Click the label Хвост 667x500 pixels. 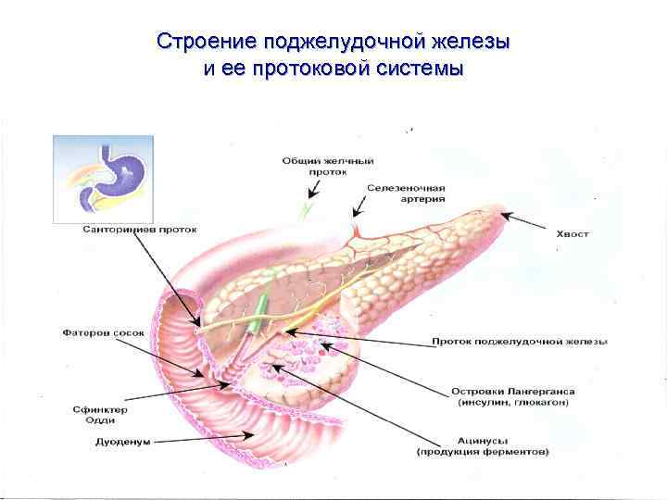[x=571, y=234]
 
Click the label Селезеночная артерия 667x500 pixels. [x=405, y=193]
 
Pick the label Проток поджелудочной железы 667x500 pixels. [x=520, y=342]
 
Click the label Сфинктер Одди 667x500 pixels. [x=99, y=414]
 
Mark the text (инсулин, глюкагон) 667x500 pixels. [x=511, y=403]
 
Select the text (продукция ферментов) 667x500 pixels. [x=482, y=452]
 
